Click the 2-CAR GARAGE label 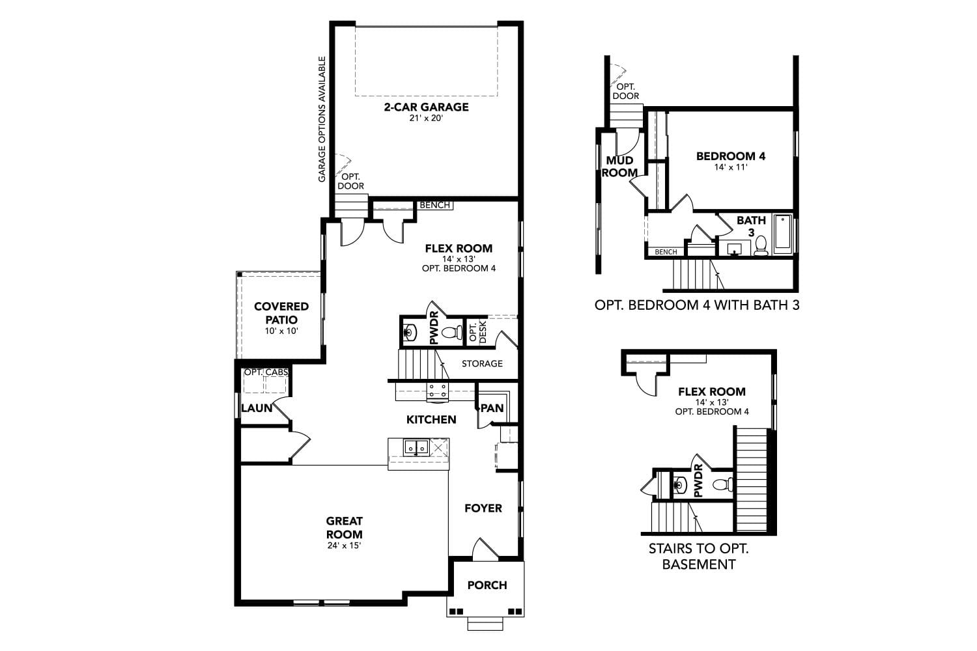426,107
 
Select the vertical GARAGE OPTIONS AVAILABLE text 322,119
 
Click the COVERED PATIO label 281,313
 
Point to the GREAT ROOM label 345,527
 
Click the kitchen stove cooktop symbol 437,391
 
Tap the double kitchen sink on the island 415,447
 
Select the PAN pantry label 492,408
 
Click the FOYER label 483,508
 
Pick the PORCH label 487,585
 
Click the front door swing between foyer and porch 485,549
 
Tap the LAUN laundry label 257,408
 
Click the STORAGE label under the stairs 482,364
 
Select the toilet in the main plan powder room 451,333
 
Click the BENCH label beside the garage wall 434,205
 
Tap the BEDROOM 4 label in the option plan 730,156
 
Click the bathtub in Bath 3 782,234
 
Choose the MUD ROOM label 619,167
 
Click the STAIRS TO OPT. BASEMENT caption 698,557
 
